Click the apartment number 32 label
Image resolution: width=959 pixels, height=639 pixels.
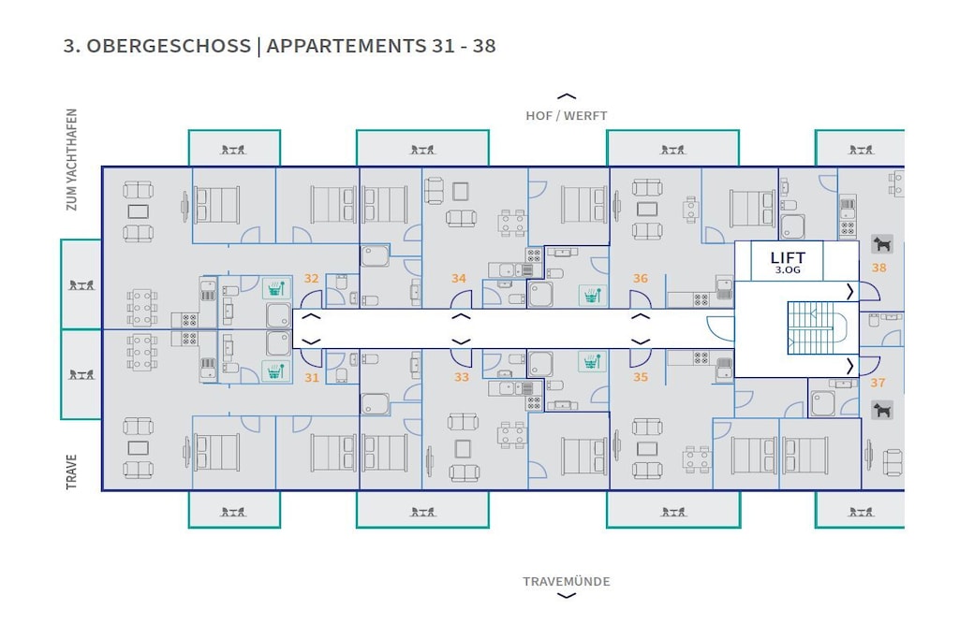coord(311,279)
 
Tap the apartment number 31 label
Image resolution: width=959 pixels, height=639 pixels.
coord(311,378)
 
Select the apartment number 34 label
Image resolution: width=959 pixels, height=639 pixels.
coord(459,279)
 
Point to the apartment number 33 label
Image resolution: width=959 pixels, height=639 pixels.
coord(461,378)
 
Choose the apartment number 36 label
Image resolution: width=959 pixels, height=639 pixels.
coord(641,279)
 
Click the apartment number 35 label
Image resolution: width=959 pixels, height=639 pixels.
coord(641,378)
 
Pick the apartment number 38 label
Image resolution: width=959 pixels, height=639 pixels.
coord(878,268)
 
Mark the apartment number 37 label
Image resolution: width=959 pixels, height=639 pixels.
coord(878,383)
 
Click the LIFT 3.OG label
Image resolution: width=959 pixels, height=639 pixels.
coord(788,262)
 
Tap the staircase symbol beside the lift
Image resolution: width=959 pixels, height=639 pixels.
coord(817,327)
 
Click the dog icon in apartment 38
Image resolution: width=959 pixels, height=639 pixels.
coord(882,244)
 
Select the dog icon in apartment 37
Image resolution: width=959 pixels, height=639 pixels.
coord(882,410)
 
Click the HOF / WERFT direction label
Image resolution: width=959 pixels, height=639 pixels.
coord(567,116)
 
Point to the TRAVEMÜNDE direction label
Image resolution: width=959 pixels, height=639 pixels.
coord(567,582)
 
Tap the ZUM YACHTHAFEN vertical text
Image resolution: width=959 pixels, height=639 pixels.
coord(72,160)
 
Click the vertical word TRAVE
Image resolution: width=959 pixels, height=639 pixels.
coord(72,472)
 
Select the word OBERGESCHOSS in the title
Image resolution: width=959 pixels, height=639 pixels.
coord(169,47)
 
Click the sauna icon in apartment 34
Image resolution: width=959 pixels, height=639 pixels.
coord(592,295)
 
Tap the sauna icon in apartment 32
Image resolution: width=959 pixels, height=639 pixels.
coord(276,288)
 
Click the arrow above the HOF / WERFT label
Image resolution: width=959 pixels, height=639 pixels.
coord(567,96)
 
